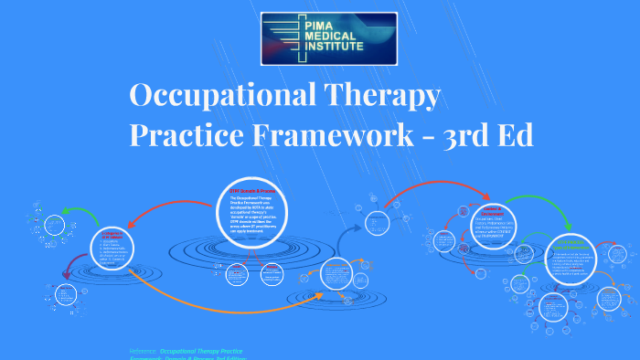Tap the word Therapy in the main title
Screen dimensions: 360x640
click(x=383, y=95)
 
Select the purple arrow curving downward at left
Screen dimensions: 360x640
click(x=66, y=270)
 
